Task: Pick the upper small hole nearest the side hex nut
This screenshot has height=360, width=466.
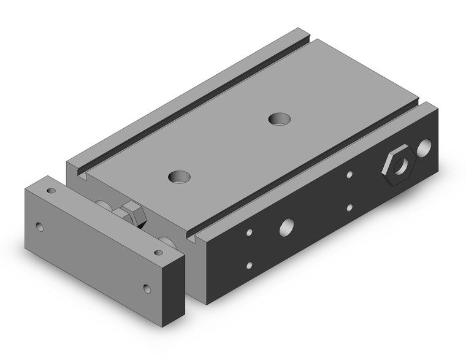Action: (x=349, y=175)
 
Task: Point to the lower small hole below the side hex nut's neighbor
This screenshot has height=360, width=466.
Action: (x=349, y=207)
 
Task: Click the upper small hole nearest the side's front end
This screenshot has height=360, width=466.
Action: (x=250, y=233)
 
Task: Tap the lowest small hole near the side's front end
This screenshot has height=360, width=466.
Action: (x=250, y=266)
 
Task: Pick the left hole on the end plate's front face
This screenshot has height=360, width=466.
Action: (x=40, y=227)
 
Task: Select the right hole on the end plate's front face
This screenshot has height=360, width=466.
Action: (x=147, y=287)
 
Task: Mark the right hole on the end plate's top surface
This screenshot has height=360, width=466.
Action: (x=160, y=251)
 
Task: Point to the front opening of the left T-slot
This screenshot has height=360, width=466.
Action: (x=81, y=178)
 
